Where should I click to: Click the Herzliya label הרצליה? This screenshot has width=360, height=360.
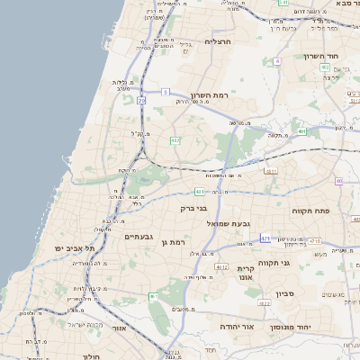[219, 41]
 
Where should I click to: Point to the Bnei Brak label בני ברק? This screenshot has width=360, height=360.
[194, 209]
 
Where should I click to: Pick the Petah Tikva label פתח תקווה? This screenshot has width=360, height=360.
[311, 210]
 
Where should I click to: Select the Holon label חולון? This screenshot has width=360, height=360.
[91, 356]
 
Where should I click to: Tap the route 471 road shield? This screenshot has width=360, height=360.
[265, 238]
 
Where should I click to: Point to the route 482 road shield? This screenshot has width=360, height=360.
[175, 139]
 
